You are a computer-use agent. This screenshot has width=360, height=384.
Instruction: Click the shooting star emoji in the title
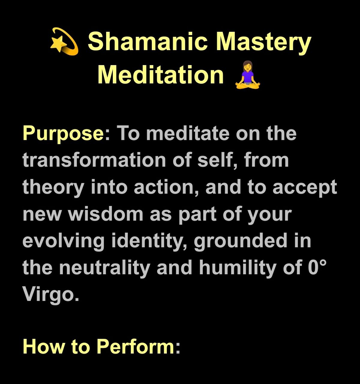click(x=64, y=41)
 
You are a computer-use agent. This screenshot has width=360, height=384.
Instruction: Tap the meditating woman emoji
click(x=247, y=75)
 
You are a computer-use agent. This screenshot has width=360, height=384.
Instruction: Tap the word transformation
click(x=94, y=160)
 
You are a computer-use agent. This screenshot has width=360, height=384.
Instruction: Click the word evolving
click(x=64, y=242)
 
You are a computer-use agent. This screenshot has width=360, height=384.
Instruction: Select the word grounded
click(x=241, y=242)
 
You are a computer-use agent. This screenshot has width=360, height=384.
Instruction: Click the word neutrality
click(x=104, y=268)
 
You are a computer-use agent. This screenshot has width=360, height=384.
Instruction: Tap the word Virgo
click(x=51, y=295)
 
